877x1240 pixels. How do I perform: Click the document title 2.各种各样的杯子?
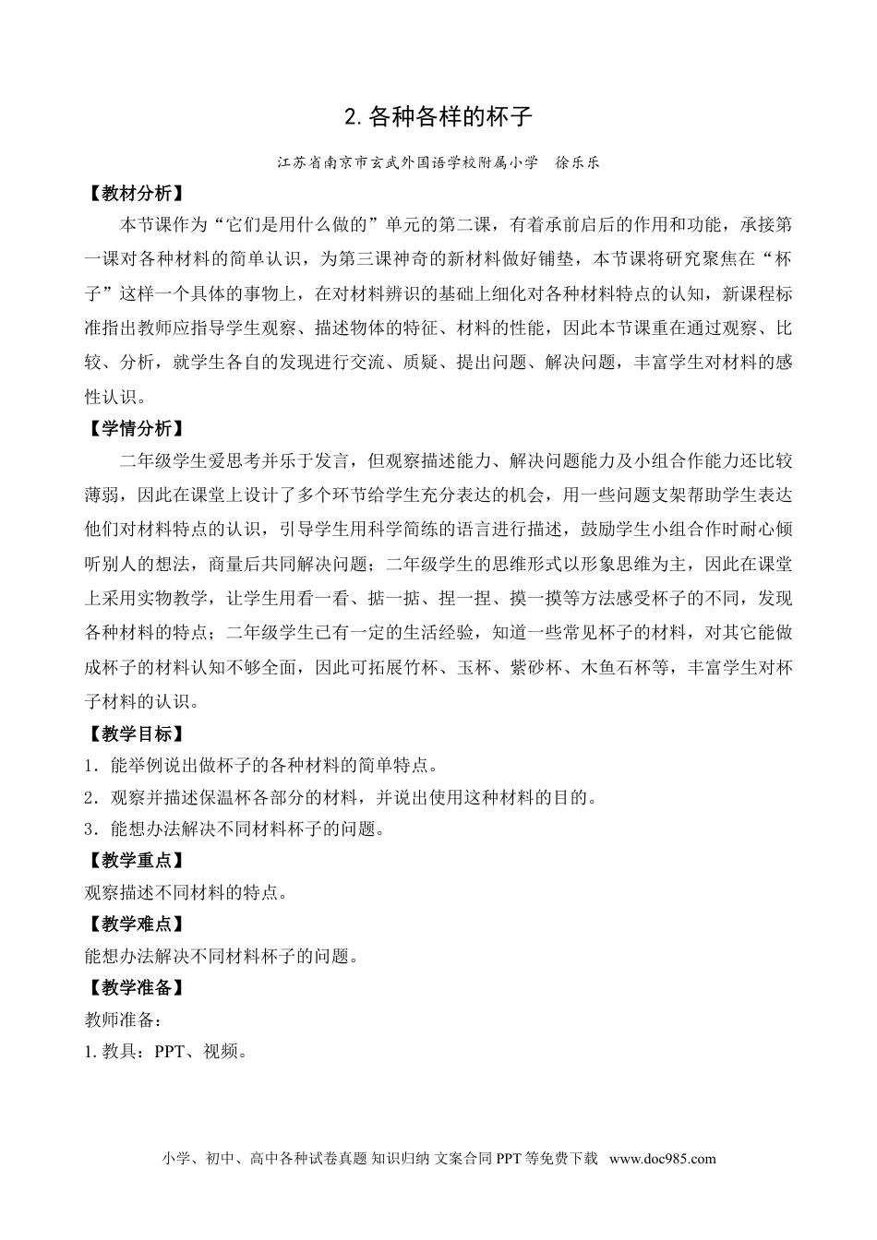438,118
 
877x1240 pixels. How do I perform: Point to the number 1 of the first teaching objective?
88,766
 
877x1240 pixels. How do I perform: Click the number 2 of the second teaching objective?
88,797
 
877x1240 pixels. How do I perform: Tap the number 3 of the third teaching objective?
88,829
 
